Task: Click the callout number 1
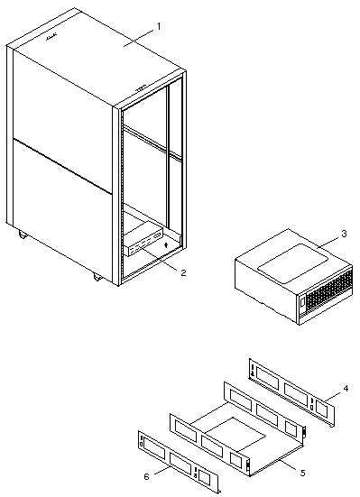click(159, 26)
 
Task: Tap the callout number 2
click(183, 272)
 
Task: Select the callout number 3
click(344, 234)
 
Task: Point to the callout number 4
click(346, 388)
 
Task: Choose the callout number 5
click(302, 474)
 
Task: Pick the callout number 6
click(146, 476)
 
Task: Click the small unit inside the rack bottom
click(144, 239)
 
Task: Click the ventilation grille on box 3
click(330, 290)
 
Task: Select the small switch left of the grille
click(302, 302)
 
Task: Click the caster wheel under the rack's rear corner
click(23, 235)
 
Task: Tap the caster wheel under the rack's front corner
click(97, 277)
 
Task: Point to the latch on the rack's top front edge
click(141, 87)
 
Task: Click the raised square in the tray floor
click(235, 434)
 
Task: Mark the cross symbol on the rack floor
click(166, 245)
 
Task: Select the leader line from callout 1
click(139, 37)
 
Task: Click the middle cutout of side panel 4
click(296, 393)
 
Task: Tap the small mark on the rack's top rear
click(51, 37)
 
